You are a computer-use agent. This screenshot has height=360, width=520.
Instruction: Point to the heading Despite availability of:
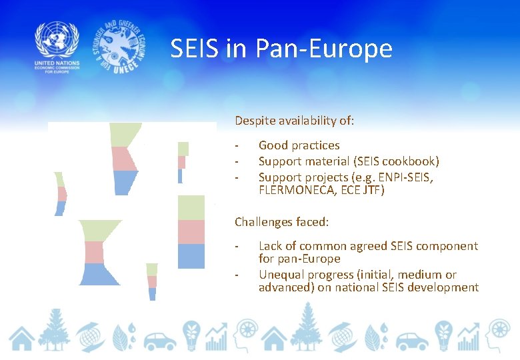click(294, 121)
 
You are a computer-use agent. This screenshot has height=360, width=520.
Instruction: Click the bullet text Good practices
click(299, 145)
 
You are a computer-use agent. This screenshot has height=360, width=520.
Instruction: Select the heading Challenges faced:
click(281, 221)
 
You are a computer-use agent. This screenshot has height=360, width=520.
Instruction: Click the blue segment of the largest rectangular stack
click(191, 256)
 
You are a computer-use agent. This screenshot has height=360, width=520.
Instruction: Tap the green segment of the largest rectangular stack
click(191, 207)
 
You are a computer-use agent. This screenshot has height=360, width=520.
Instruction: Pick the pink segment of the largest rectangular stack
click(191, 231)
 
